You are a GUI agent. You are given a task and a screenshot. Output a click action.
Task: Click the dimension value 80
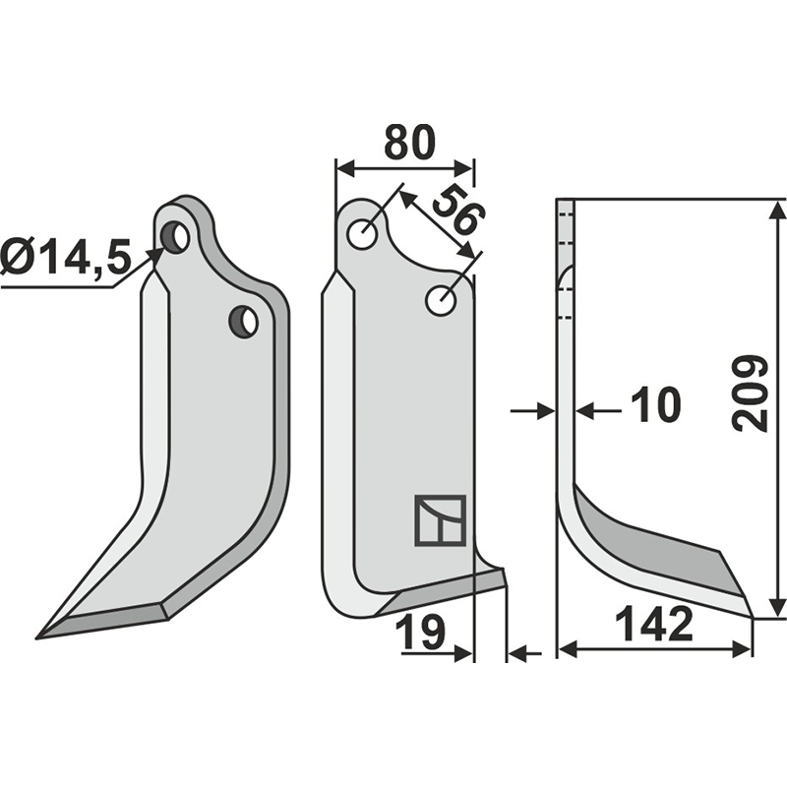point(407,144)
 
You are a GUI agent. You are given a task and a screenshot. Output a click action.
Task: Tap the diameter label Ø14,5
point(65,259)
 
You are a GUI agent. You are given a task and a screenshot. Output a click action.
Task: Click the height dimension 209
point(752,392)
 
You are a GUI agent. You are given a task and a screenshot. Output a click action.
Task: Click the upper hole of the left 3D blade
point(176,237)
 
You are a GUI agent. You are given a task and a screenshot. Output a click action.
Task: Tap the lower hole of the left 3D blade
point(243,320)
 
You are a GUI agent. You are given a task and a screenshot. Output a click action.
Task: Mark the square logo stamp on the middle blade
point(439,518)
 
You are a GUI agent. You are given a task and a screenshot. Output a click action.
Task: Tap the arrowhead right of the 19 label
point(466,651)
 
